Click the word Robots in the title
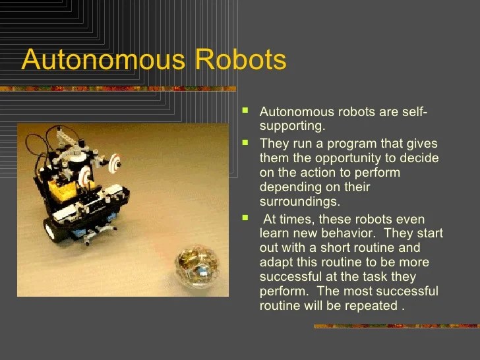(x=240, y=60)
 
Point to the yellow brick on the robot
(x=63, y=188)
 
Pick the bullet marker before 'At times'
(x=246, y=217)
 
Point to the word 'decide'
(x=421, y=158)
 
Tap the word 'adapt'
(x=276, y=262)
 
